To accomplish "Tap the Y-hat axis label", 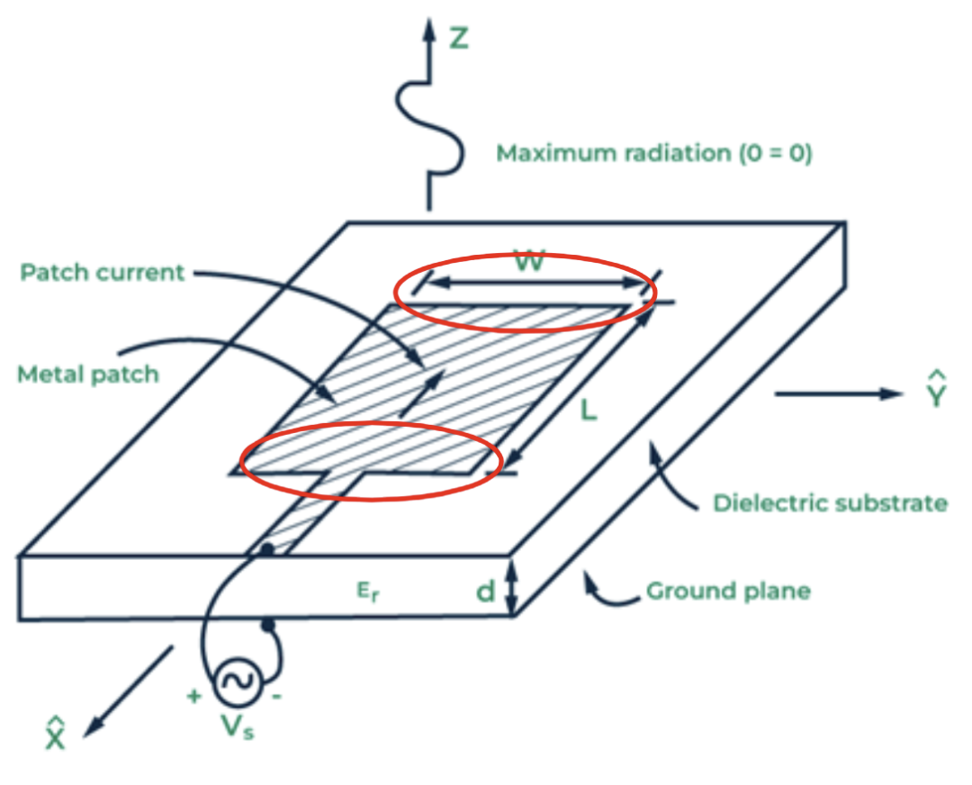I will pyautogui.click(x=936, y=390).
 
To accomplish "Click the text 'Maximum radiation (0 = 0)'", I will pyautogui.click(x=654, y=154).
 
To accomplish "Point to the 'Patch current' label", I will pyautogui.click(x=102, y=271).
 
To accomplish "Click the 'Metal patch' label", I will pyautogui.click(x=87, y=374).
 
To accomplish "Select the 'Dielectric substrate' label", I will pyautogui.click(x=830, y=502).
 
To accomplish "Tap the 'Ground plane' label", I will pyautogui.click(x=728, y=591).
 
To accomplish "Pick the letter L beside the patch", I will pyautogui.click(x=588, y=411).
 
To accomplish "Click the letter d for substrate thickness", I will pyautogui.click(x=487, y=591).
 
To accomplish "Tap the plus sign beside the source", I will pyautogui.click(x=193, y=696).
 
